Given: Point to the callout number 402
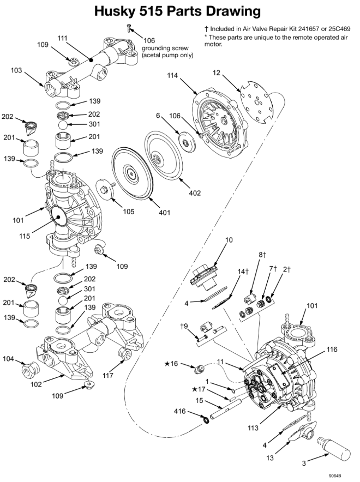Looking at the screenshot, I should pyautogui.click(x=195, y=192).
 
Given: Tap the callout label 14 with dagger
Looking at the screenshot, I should pyautogui.click(x=243, y=271).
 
